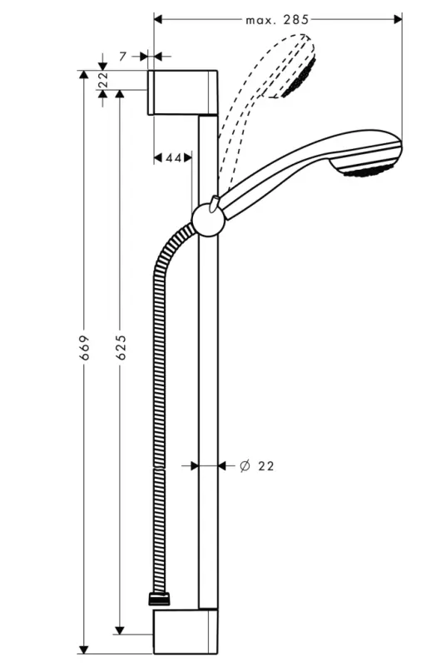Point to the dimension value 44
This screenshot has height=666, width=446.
pyautogui.click(x=173, y=157)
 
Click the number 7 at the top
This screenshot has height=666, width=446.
pyautogui.click(x=122, y=56)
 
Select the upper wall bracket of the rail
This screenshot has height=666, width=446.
pyautogui.click(x=185, y=92)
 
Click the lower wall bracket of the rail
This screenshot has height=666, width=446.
pyautogui.click(x=185, y=632)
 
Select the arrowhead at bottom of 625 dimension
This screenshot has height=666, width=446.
pyautogui.click(x=121, y=629)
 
